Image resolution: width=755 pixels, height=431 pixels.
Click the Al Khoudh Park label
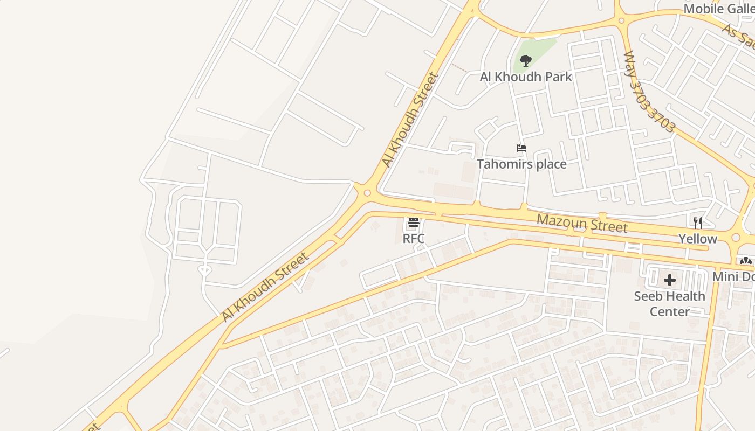(526, 77)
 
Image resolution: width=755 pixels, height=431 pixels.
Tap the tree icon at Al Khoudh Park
(526, 60)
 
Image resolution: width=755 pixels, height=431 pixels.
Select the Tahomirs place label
(521, 164)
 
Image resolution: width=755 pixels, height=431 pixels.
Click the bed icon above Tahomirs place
(521, 148)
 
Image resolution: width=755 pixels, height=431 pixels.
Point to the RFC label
(414, 238)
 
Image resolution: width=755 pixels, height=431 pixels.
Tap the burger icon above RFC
(414, 223)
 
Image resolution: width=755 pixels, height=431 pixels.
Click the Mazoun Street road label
(582, 223)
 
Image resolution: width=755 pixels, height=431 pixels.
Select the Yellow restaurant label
(698, 239)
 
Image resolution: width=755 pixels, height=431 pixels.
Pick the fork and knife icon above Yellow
(698, 223)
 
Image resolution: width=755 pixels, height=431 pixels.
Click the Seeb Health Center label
(669, 304)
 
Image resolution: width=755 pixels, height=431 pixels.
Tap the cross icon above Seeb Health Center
(670, 280)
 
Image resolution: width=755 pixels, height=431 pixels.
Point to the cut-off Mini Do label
(733, 276)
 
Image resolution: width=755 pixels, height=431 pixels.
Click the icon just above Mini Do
(746, 261)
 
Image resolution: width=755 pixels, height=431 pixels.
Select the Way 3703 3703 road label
(649, 92)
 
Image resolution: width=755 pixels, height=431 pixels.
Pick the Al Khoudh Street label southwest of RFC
(265, 287)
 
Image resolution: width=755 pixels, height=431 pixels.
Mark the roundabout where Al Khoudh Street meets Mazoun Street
(367, 192)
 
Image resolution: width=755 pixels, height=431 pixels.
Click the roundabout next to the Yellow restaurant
(736, 238)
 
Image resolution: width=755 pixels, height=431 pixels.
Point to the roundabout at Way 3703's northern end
(622, 20)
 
